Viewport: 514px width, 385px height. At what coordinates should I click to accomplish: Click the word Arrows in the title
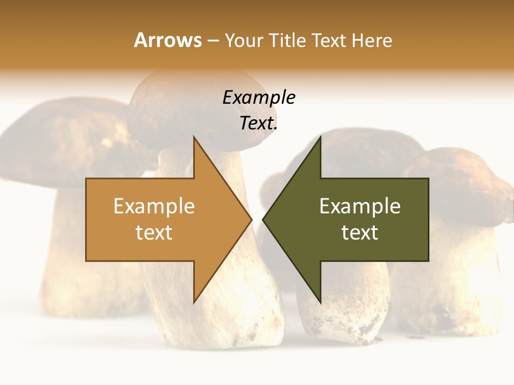168,40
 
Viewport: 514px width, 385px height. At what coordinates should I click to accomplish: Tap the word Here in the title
371,40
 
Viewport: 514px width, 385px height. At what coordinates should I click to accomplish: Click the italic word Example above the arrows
259,97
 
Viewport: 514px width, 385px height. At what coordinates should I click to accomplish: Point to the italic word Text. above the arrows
259,124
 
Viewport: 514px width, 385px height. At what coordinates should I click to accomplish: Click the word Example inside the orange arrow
154,206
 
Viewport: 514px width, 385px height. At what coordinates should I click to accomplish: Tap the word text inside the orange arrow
154,233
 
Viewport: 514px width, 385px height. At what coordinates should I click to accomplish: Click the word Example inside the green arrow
360,206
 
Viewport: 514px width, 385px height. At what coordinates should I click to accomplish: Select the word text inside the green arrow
360,233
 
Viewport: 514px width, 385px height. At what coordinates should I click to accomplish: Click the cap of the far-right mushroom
460,176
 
